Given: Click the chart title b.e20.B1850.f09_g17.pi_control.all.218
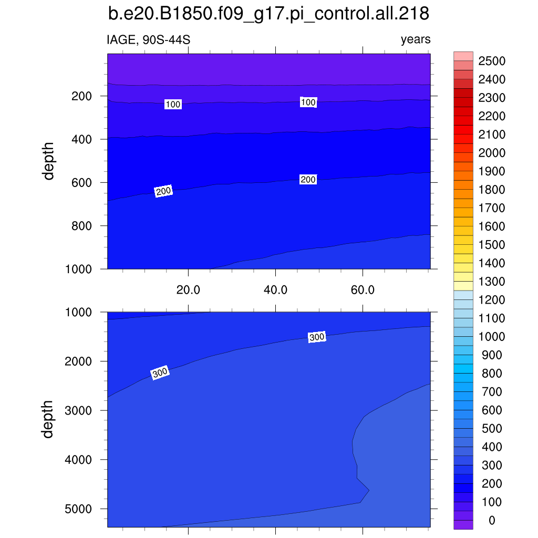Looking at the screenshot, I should point(268,14).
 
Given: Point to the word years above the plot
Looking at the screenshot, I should point(415,40).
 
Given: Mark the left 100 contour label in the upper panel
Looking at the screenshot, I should point(173,105).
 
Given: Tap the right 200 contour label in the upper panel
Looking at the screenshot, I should point(308,180).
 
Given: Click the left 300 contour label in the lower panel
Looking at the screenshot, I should point(160,373).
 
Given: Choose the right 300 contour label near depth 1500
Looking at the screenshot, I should point(317,337).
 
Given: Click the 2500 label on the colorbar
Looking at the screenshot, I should point(492,61).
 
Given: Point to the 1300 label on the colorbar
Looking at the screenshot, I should point(492,282).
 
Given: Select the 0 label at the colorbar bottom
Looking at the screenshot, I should point(491,520).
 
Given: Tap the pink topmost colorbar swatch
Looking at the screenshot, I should point(463,56).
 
